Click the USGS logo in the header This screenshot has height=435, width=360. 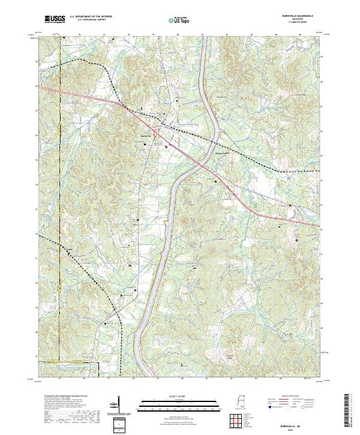[55, 19]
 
